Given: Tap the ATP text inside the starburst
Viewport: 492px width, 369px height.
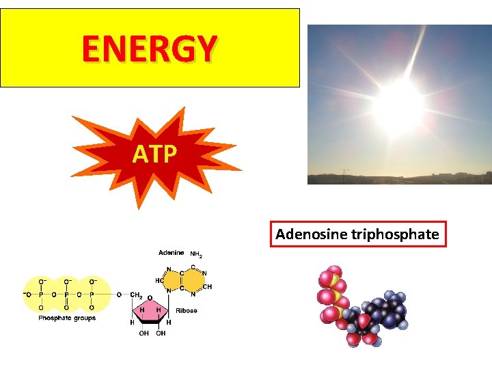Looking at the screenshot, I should pyautogui.click(x=154, y=155).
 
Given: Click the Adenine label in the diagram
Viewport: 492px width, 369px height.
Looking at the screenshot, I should pyautogui.click(x=171, y=254).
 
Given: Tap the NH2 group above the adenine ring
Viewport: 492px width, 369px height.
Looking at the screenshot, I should pyautogui.click(x=196, y=255).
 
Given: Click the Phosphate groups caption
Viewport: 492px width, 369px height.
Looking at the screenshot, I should pyautogui.click(x=67, y=318).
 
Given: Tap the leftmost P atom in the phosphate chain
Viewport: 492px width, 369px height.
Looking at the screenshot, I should pyautogui.click(x=40, y=295).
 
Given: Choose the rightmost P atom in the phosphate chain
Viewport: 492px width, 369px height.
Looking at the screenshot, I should pyautogui.click(x=92, y=295).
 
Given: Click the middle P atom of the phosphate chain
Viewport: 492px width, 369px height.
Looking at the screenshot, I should pyautogui.click(x=66, y=295).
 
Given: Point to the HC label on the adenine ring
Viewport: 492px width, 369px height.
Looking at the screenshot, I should pyautogui.click(x=159, y=280).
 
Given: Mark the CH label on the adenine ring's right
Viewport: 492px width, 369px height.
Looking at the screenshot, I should pyautogui.click(x=208, y=287).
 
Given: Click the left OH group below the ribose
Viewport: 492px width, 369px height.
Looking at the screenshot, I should pyautogui.click(x=143, y=334).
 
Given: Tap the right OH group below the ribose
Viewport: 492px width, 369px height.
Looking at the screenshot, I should pyautogui.click(x=161, y=334).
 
